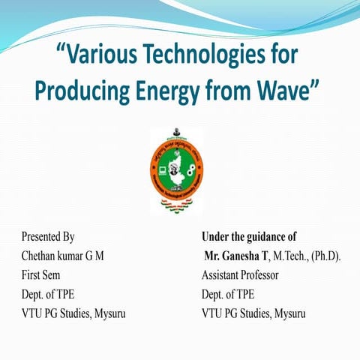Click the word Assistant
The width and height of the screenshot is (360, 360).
point(223,275)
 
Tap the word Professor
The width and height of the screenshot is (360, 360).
point(261,275)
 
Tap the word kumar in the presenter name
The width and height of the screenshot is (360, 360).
point(76,256)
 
